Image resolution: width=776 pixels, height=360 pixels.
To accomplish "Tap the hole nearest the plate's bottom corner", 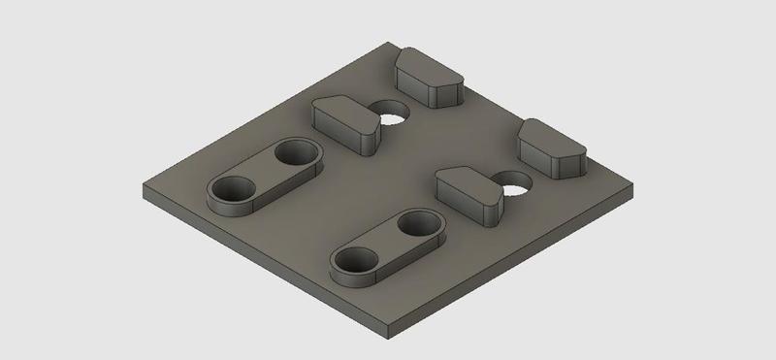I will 355,260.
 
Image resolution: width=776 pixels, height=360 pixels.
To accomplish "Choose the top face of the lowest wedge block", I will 467,180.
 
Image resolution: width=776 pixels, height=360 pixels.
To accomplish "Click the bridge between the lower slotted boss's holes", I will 388,242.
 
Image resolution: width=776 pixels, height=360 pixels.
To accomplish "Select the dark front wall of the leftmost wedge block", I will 339,134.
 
